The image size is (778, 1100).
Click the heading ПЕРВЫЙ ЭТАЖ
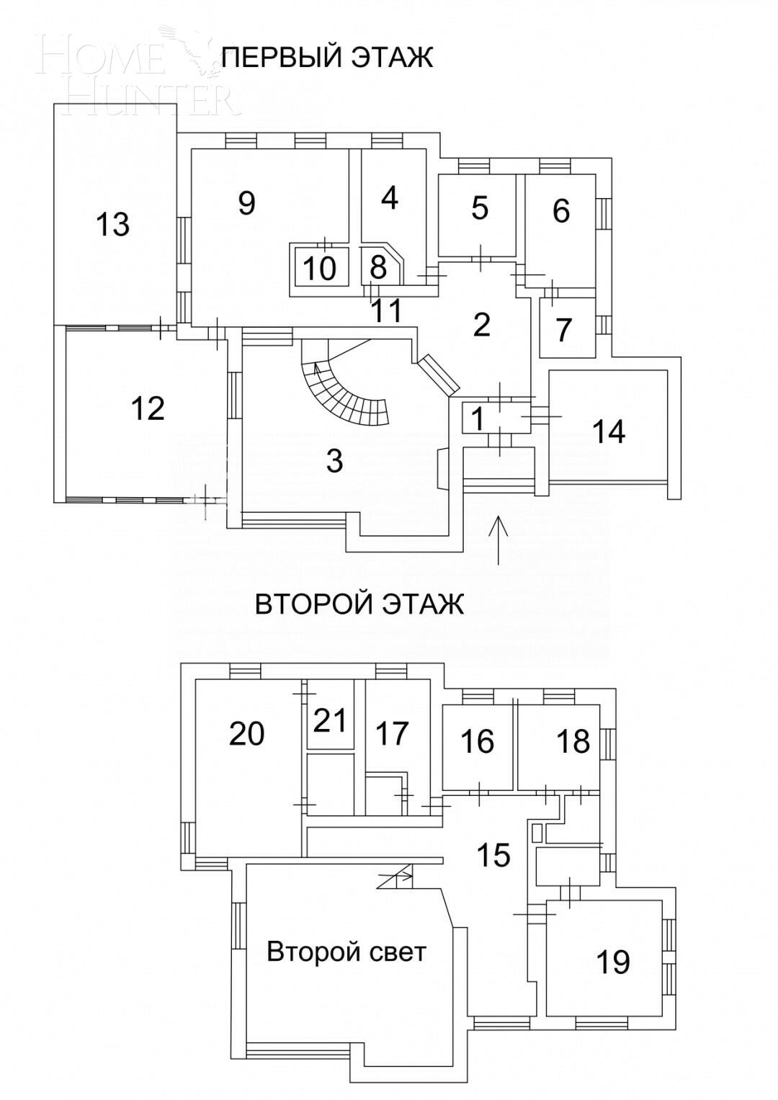pos(327,57)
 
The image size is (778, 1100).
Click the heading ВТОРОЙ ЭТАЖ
pos(359,604)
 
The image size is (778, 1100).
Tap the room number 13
pos(112,224)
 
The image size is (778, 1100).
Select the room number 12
pos(148,408)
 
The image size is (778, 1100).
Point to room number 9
pos(246,203)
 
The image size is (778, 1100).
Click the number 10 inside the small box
pos(319,269)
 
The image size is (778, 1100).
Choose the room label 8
pos(378,267)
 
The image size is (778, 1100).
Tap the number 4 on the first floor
pos(390,197)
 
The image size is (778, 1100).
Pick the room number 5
pos(480,208)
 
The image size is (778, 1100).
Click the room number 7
pos(563,330)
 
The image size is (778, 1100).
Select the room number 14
pos(609,431)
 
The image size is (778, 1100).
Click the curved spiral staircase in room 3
pos(346,393)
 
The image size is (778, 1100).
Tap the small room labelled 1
pos(476,416)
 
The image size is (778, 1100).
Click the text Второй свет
pos(346,952)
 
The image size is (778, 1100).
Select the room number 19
pos(613,962)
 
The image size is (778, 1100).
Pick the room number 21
pos(331,720)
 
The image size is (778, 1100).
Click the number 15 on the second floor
pos(493,855)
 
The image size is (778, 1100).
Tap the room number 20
pos(246,734)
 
